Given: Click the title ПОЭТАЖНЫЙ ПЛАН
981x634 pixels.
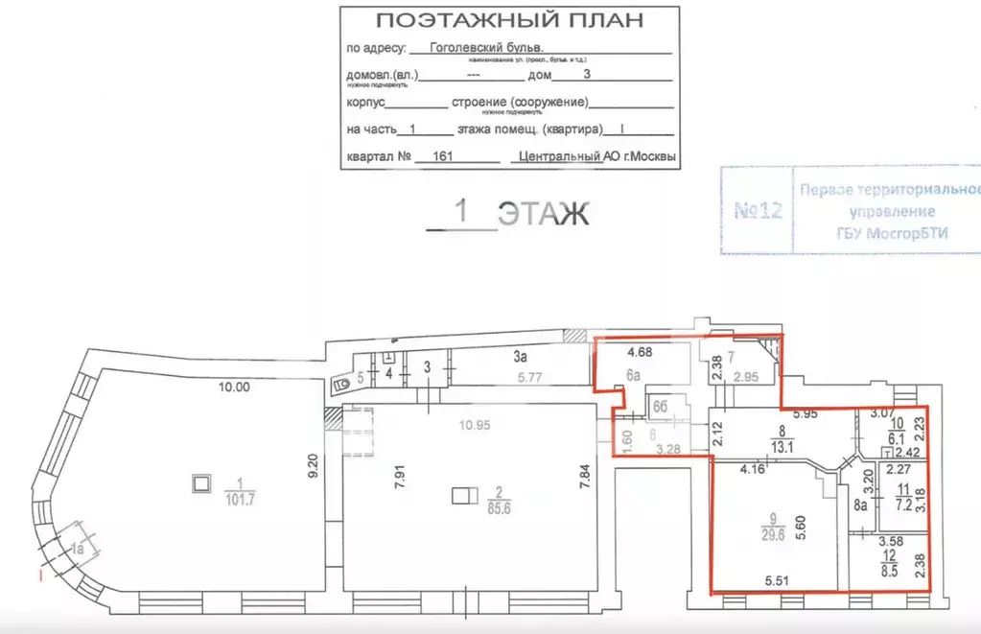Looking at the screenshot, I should [509, 20].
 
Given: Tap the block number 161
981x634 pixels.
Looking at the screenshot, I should [443, 157].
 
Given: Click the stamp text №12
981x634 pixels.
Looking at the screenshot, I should [758, 210].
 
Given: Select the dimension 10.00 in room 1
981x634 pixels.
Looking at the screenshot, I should [234, 388].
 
